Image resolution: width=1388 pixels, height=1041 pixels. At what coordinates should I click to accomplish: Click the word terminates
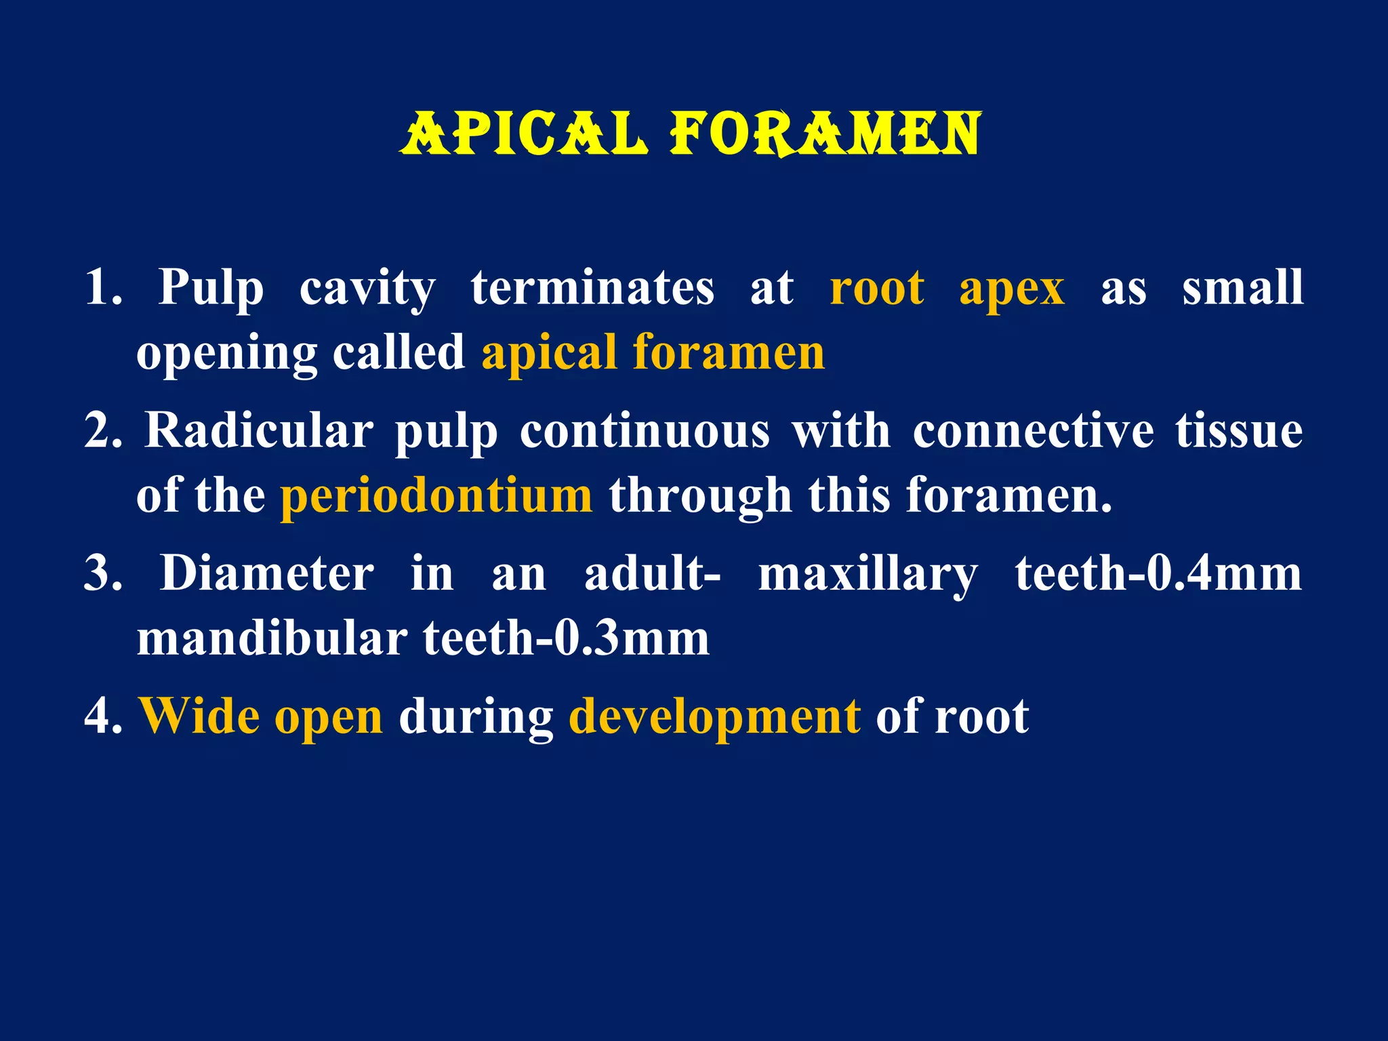tap(592, 287)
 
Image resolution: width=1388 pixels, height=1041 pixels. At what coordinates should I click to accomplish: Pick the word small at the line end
tap(1242, 287)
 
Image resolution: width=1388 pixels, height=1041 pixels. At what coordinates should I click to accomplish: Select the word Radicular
tap(259, 431)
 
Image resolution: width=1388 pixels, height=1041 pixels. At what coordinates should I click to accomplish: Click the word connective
tap(1033, 431)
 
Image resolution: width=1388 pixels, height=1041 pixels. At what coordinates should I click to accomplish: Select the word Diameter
tap(266, 574)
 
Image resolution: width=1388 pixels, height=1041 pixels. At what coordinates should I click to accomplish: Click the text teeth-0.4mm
tap(1158, 574)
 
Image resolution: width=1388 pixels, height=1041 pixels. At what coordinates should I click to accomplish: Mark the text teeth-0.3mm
tap(566, 638)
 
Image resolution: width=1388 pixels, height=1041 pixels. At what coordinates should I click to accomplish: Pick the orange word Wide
tap(199, 716)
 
